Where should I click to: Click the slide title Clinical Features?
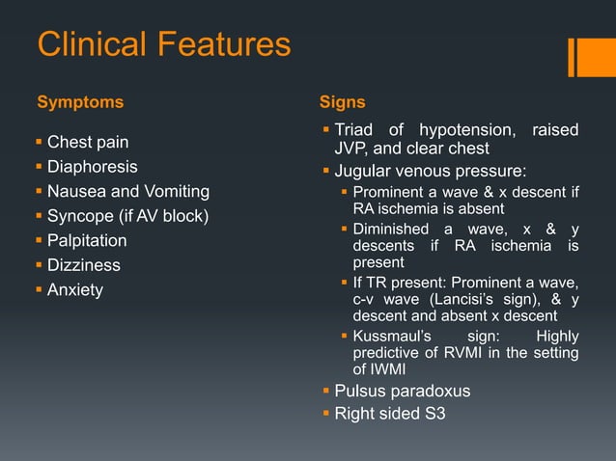point(163,44)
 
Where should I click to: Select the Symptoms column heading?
point(80,102)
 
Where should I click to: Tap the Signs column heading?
point(342,102)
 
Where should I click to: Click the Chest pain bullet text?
point(88,143)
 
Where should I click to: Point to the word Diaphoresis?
point(93,167)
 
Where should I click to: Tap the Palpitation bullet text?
point(87,240)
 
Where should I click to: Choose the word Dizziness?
point(84,264)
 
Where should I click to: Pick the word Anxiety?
point(75,289)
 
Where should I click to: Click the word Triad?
point(354,131)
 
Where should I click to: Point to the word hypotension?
point(466,131)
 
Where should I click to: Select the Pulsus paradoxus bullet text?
point(402,391)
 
